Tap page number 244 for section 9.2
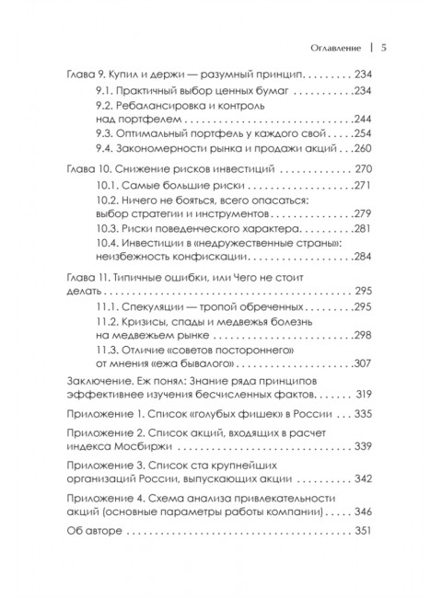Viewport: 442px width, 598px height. tap(370, 121)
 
